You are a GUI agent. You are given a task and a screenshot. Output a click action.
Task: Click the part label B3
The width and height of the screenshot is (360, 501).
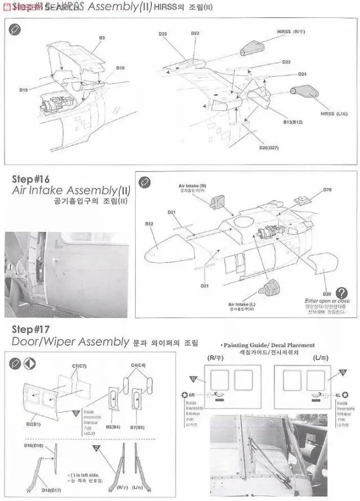102,38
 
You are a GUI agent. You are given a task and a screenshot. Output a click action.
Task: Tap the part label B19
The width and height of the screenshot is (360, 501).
24,90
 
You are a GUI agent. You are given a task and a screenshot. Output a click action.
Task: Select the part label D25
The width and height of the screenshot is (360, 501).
163,34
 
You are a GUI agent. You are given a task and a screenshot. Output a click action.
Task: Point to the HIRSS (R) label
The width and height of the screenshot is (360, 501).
291,32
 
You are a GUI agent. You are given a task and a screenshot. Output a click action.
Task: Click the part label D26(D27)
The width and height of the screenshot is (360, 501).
269,147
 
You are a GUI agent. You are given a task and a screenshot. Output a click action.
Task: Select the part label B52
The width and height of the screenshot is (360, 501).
149,223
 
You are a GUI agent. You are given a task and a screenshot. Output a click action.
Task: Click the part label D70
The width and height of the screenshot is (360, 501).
327,190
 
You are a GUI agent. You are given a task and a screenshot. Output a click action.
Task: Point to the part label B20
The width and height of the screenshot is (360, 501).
327,294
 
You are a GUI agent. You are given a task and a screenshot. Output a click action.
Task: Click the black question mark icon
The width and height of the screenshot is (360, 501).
341,293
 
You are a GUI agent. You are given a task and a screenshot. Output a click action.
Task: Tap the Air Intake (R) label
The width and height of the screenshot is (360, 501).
192,185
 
